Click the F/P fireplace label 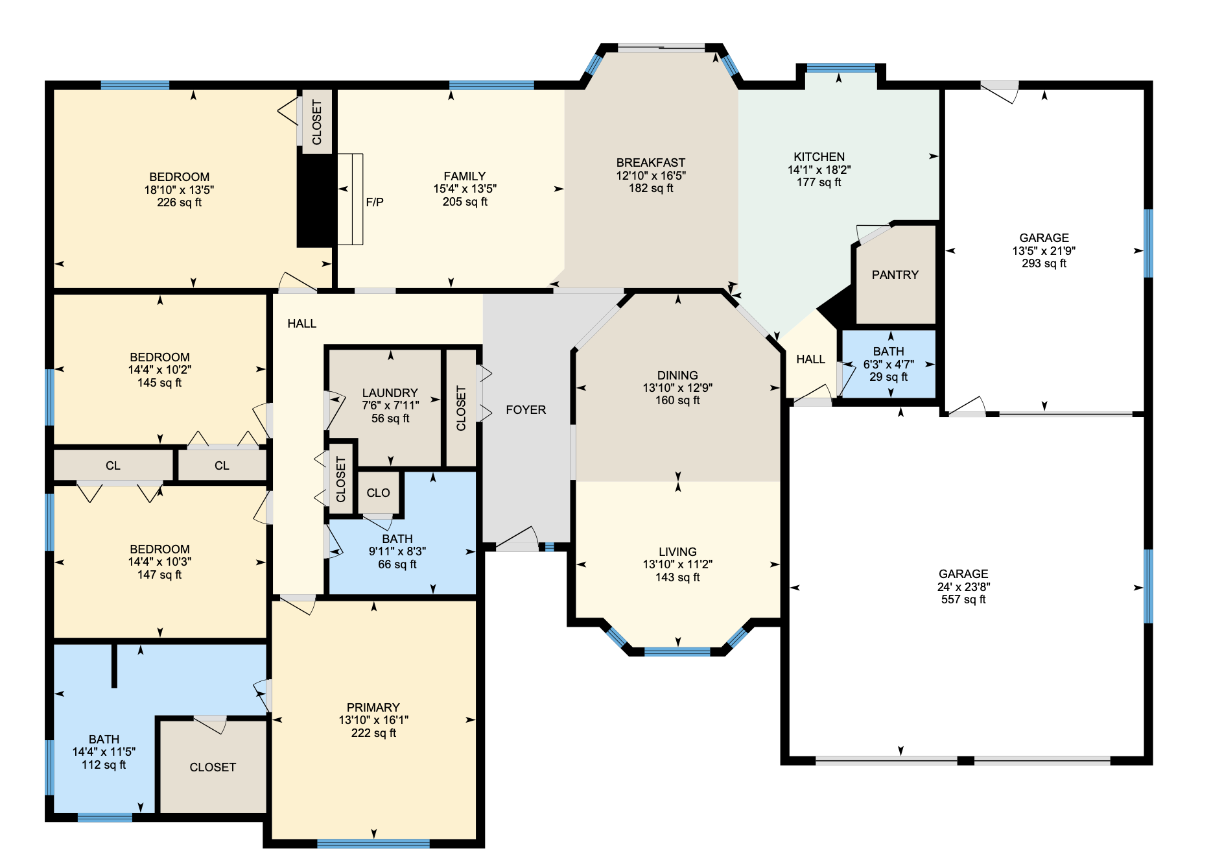[x=375, y=202]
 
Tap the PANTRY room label [x=895, y=275]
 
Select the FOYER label [x=526, y=410]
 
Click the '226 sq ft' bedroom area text [x=179, y=202]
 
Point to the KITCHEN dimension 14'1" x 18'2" [x=819, y=170]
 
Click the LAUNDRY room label [x=390, y=393]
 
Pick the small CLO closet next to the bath [x=378, y=493]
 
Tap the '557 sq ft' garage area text [x=963, y=599]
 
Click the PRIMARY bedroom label [x=373, y=707]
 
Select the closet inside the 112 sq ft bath [x=213, y=767]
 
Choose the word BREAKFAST [x=650, y=163]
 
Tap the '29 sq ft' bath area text [x=888, y=377]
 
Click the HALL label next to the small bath [x=810, y=359]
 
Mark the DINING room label [x=677, y=375]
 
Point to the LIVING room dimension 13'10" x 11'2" [x=677, y=564]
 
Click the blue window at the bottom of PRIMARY [x=373, y=843]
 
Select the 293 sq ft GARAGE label [x=1044, y=238]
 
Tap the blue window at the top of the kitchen [x=840, y=67]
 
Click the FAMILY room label [x=464, y=176]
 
